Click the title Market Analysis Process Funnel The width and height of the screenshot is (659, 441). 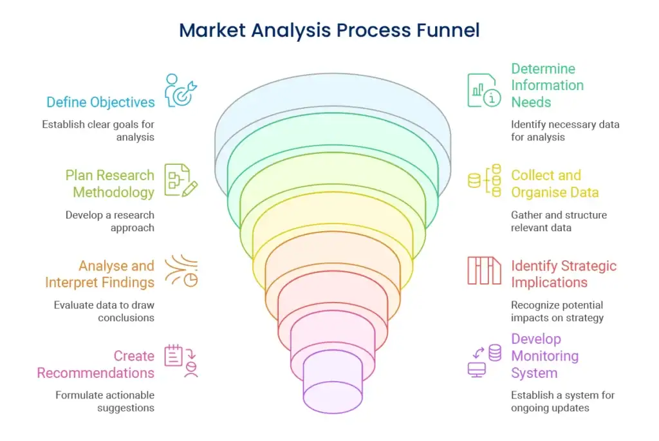pos(329,30)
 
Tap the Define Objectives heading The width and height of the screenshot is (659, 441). pos(100,102)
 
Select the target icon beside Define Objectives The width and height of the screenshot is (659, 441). pos(181,91)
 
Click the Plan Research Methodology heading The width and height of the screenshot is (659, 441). pos(110,183)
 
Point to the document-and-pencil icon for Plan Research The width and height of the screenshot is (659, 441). pos(181,180)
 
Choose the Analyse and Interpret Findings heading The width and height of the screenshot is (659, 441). pos(100,274)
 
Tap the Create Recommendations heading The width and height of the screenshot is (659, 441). pos(96,364)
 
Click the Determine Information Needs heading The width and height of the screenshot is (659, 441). pos(547,85)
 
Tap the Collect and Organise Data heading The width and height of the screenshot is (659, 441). pos(555,183)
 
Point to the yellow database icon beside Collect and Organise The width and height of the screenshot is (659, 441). pos(485,180)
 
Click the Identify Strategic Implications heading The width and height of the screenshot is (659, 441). pos(564,274)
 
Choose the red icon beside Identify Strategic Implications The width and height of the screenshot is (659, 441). pos(484,270)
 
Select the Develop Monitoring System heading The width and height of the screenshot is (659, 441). pos(544,356)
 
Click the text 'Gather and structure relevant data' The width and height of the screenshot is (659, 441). pos(559,221)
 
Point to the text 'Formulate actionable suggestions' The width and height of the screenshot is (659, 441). pos(105,401)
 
